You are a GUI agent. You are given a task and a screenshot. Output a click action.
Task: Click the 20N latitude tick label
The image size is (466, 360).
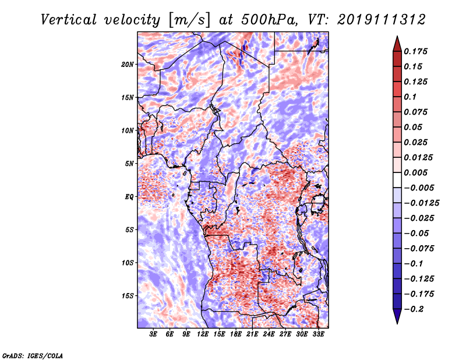(x=128, y=65)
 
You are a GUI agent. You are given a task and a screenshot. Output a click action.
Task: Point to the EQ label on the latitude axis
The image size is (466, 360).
(x=129, y=197)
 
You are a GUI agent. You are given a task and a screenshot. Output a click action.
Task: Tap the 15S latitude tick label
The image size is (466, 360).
(x=128, y=296)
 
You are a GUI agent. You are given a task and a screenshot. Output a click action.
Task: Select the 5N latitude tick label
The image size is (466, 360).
(x=129, y=164)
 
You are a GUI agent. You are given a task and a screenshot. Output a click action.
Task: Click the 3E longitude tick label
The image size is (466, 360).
(x=153, y=334)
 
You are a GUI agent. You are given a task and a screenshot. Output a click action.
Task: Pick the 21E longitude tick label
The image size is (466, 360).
(x=252, y=334)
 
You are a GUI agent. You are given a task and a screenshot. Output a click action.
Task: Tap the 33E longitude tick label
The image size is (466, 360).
(x=318, y=334)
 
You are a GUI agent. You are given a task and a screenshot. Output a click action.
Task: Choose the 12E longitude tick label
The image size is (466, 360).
(x=202, y=334)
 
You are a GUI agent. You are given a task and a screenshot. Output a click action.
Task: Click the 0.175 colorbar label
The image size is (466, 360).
(x=415, y=51)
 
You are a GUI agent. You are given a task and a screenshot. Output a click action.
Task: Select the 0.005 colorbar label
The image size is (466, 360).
(x=415, y=172)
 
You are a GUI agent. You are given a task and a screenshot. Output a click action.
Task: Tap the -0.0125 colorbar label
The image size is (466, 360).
(x=421, y=203)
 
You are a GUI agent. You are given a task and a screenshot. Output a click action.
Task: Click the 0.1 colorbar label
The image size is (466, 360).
(x=410, y=97)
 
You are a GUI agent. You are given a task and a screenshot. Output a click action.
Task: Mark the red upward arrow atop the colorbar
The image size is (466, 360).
(x=397, y=44)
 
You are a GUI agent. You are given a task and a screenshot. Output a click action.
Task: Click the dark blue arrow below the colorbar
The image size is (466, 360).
(x=397, y=316)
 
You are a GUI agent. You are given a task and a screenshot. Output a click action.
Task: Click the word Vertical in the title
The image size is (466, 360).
(x=69, y=20)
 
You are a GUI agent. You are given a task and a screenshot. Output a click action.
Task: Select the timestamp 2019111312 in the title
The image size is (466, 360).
(x=382, y=20)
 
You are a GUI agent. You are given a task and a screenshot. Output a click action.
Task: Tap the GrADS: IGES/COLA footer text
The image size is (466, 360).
(x=33, y=355)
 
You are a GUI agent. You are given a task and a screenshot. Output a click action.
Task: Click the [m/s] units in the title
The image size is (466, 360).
(x=189, y=20)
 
